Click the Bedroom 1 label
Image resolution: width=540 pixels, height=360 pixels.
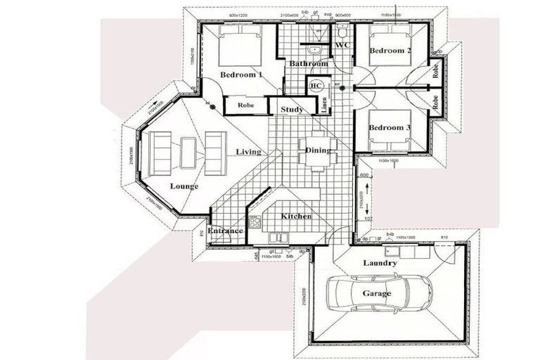point(241,75)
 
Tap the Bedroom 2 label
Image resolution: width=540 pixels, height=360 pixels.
point(387,51)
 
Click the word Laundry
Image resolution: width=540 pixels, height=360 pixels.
point(380,263)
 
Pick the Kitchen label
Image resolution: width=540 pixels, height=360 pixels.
point(296,216)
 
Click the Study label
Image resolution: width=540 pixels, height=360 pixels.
point(292,109)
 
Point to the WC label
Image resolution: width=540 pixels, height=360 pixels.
point(342,46)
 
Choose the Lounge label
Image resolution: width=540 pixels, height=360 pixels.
point(184,186)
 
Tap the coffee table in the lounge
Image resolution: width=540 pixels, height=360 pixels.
point(188,151)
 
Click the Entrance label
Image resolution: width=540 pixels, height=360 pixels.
point(225,231)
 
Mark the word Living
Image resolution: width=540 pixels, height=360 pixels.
point(249,151)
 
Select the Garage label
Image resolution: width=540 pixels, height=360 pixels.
point(377,293)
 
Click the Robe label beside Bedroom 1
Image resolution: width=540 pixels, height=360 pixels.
point(245,105)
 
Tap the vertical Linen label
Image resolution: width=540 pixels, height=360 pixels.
point(325,105)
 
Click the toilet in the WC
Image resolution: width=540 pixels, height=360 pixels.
point(342,32)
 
